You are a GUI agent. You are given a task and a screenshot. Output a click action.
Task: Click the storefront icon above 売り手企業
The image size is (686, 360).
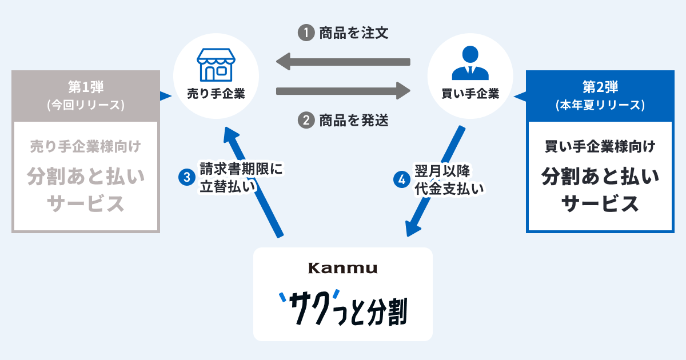(216, 65)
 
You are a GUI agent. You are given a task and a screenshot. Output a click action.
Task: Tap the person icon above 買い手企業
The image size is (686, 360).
(470, 63)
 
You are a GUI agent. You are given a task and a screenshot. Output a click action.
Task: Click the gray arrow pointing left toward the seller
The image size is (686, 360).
(343, 61)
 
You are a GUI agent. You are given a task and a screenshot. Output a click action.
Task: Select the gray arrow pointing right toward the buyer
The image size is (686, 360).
(343, 90)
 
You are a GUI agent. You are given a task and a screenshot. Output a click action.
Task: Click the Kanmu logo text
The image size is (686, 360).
(343, 268)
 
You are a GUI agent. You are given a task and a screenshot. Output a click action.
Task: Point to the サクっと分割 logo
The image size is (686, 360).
(343, 309)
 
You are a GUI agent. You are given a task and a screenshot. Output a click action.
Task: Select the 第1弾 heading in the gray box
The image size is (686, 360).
(86, 87)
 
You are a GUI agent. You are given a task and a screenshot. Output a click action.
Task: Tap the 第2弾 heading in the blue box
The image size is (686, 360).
(600, 87)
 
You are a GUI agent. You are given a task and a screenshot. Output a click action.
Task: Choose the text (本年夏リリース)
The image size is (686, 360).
(600, 105)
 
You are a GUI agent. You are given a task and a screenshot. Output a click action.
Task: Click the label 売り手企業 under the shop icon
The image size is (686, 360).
(216, 94)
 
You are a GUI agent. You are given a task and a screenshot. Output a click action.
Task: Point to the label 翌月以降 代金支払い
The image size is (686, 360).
(449, 179)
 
